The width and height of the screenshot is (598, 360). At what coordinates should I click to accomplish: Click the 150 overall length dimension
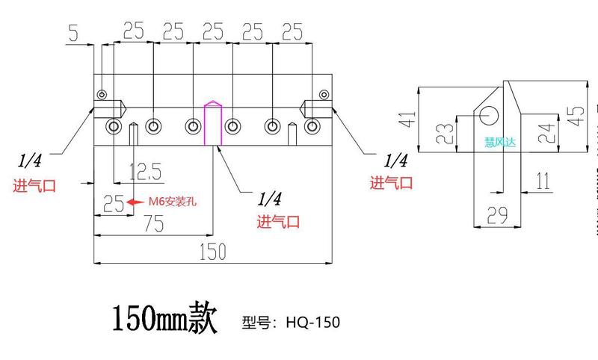tap(212, 252)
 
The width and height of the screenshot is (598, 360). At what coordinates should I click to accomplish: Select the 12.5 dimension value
tap(145, 172)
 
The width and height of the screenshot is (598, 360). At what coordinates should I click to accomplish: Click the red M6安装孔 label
tap(173, 201)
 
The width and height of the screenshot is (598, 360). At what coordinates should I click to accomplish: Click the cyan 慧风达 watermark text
tap(500, 141)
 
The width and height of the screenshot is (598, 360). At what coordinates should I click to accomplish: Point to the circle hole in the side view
tap(490, 114)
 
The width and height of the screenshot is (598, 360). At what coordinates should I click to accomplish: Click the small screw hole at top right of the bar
tap(323, 94)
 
